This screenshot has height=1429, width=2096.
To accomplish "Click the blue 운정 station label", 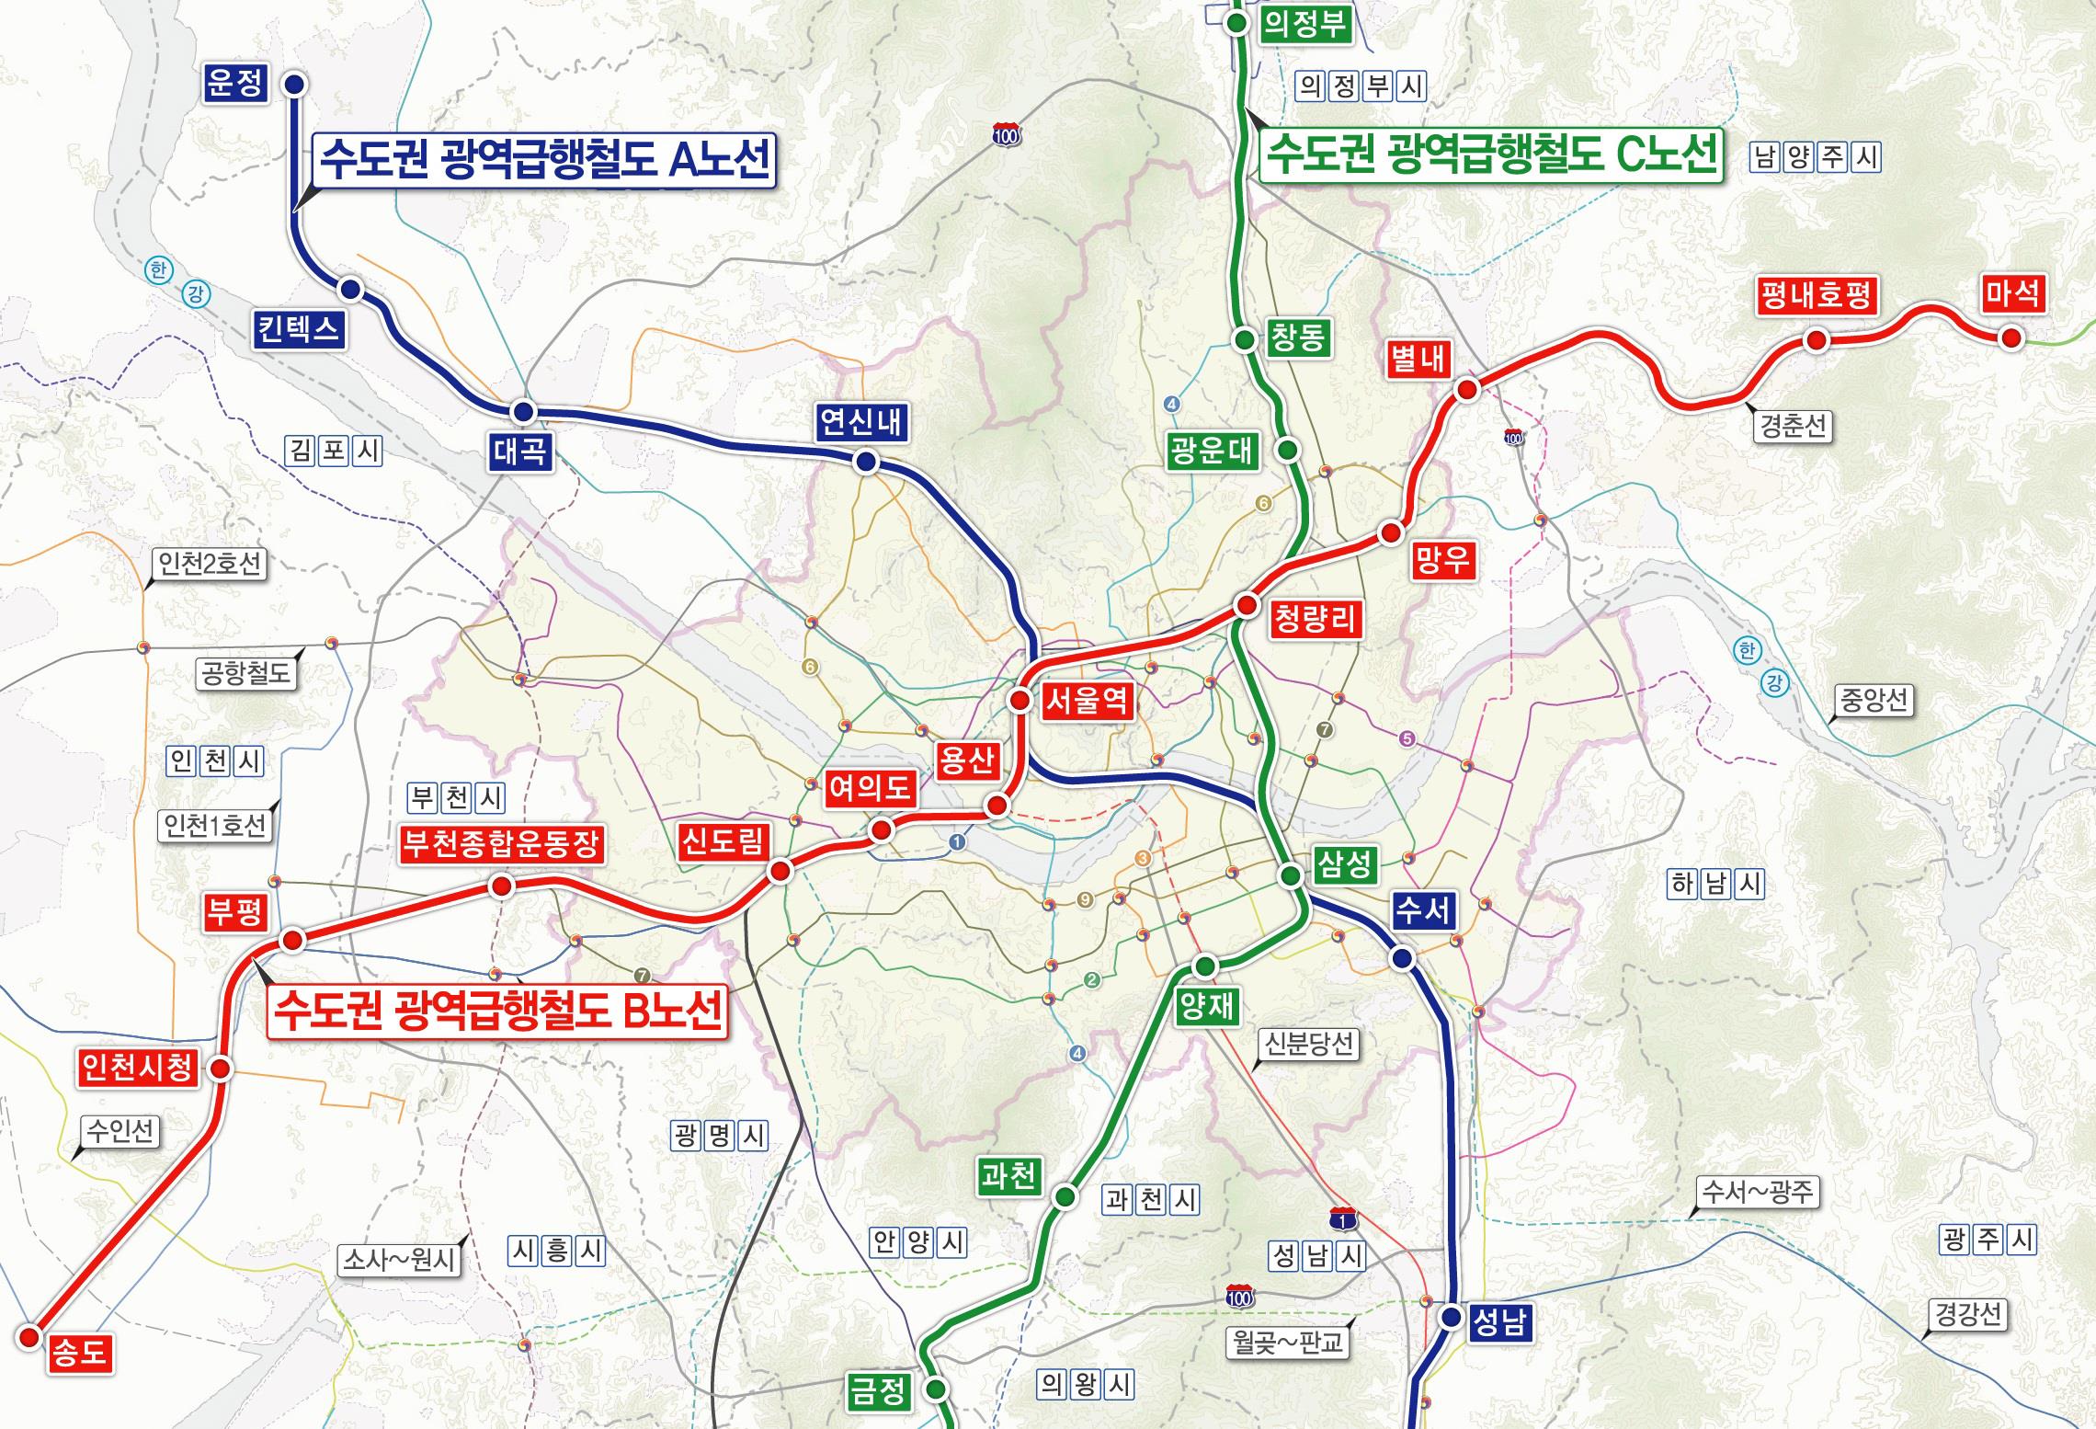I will tap(234, 84).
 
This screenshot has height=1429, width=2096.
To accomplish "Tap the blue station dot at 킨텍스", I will tap(349, 290).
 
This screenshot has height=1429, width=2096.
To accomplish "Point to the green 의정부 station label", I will tap(1304, 23).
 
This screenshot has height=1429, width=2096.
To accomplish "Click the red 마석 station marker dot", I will tap(2011, 337).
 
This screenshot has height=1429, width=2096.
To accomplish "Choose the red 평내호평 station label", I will tap(1815, 296).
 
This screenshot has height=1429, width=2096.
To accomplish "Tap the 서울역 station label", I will tap(1087, 702).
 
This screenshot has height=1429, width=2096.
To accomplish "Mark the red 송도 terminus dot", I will tap(29, 1336).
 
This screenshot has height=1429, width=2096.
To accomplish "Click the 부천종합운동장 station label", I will tap(501, 843).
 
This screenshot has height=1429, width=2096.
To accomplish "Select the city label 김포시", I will tap(333, 451).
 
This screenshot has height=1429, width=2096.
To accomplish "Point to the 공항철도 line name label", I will tap(245, 673).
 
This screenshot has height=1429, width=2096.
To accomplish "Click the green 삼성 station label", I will tap(1344, 863).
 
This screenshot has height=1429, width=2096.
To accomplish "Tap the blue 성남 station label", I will tap(1499, 1322).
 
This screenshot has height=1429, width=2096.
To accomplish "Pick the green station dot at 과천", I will tap(1065, 1196).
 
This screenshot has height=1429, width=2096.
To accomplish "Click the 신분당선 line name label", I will tap(1308, 1044).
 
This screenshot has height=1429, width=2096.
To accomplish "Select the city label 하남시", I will tap(1716, 884).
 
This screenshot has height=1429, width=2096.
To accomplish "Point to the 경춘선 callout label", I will tap(1792, 426).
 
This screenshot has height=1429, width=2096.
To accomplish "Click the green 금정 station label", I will tap(878, 1389).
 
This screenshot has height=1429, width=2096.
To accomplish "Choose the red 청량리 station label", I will tap(1315, 619).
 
